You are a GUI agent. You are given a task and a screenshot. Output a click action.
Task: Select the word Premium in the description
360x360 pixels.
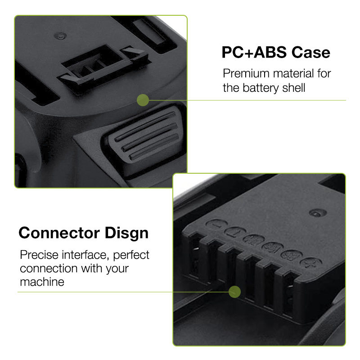[x=246, y=73]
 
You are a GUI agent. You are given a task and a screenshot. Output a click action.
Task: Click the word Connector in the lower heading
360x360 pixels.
[x=59, y=233]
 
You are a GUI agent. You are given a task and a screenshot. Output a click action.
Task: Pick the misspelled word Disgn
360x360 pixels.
[x=126, y=234]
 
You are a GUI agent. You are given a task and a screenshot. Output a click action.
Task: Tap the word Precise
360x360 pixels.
[x=39, y=255]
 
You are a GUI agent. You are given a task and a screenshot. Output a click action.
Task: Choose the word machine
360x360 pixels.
[x=42, y=282]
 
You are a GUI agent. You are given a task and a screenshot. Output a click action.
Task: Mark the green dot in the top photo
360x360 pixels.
[x=143, y=100]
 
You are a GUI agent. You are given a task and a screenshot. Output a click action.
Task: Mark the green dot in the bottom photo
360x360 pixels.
[x=234, y=292]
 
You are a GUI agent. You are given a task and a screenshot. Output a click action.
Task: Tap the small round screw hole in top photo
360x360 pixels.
[x=60, y=36]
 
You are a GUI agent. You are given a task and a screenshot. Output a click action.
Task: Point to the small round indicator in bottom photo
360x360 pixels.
[x=318, y=213]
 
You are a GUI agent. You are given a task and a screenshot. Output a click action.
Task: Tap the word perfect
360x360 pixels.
[x=131, y=255]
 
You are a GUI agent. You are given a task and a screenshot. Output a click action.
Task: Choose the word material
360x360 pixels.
[x=293, y=73]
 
